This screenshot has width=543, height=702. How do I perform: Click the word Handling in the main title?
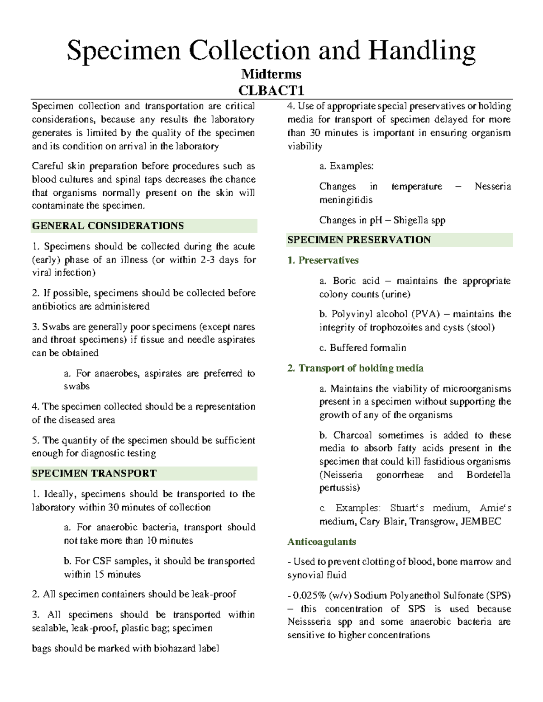pos(422,51)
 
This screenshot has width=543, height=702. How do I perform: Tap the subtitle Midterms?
pos(271,74)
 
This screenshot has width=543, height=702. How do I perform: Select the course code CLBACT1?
pos(271,90)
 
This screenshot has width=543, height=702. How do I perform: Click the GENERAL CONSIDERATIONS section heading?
pos(108,226)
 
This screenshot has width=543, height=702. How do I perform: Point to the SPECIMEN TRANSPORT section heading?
pos(94,473)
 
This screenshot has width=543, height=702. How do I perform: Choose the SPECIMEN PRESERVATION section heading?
pos(359,240)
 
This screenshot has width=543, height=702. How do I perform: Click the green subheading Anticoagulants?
pos(321,542)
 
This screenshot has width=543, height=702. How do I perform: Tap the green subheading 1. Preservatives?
pos(323,260)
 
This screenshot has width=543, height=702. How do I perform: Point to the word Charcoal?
pos(352,435)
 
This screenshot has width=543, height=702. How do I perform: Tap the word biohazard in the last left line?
pos(175,649)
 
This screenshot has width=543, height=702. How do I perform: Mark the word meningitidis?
pos(346,200)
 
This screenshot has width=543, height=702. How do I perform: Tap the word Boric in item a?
pos(345,281)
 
